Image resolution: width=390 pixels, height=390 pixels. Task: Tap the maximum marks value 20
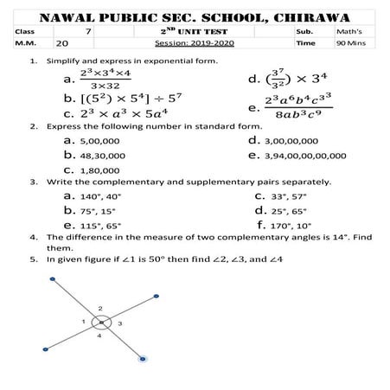point(62,42)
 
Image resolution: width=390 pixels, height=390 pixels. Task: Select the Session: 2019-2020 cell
point(194,42)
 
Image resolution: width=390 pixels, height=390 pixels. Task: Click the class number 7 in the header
point(89,29)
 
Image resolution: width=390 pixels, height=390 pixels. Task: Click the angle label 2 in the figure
point(100,308)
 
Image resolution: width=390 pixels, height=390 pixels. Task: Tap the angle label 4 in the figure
point(99,336)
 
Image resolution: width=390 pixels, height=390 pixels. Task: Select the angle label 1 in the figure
point(84,322)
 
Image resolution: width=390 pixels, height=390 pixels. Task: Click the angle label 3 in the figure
point(120,323)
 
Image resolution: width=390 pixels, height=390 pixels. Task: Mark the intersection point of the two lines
point(101,323)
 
